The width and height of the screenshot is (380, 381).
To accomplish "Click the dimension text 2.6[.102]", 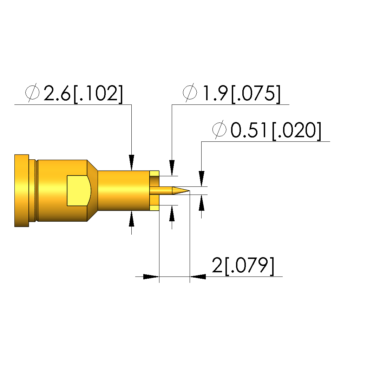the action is pos(83,93).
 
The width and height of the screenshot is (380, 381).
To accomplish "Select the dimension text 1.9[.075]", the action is pos(241,93).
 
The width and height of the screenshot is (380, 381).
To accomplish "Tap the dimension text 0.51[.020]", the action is pos(276,130).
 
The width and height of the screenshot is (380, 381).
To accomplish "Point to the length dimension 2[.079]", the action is pos(243,265).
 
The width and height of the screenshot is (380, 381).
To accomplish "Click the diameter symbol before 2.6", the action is pos(32,93).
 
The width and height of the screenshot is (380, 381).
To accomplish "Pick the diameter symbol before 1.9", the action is pos(190,93).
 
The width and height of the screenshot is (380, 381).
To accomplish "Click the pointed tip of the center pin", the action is pos(189,191).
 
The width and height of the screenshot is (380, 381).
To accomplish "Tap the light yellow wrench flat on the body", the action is pos(79,191).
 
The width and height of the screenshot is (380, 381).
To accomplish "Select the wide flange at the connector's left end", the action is pos(21,191).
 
